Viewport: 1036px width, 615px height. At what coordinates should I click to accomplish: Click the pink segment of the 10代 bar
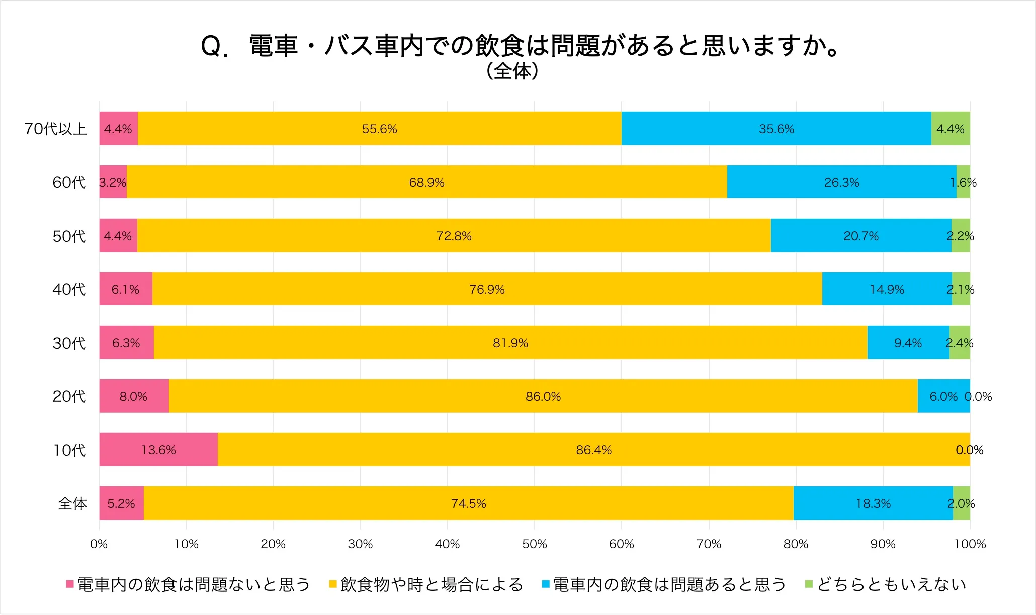coord(158,449)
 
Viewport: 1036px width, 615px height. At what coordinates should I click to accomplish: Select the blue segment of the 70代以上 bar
coord(776,129)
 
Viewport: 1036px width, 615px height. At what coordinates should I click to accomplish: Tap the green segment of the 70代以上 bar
coord(951,129)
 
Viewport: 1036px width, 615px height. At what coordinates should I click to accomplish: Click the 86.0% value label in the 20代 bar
coord(543,396)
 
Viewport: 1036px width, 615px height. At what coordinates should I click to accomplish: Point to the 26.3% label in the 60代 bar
coord(841,182)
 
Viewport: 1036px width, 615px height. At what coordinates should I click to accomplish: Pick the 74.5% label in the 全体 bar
coord(468,503)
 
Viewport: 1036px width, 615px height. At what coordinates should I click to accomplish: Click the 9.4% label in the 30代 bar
coord(908,343)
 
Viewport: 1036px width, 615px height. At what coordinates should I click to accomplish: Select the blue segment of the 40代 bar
coord(887,289)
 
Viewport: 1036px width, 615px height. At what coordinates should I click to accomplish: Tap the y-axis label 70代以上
coord(55,129)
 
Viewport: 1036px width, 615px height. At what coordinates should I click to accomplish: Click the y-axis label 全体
coord(72,503)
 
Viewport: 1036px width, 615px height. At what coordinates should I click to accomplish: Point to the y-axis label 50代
coord(69,236)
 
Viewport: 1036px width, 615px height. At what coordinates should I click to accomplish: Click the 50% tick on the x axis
coord(534,544)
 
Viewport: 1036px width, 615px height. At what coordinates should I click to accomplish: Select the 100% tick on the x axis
coord(970,544)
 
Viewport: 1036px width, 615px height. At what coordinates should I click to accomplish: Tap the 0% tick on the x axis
coord(99,544)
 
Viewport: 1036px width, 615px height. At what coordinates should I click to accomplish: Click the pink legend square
coord(70,584)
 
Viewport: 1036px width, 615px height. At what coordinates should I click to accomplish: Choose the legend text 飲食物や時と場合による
coord(431,584)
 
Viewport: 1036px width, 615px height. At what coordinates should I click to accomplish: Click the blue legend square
coord(546,584)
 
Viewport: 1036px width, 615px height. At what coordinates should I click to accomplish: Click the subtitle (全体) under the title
coord(512,71)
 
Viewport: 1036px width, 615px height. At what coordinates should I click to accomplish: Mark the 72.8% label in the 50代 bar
coord(454,236)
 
